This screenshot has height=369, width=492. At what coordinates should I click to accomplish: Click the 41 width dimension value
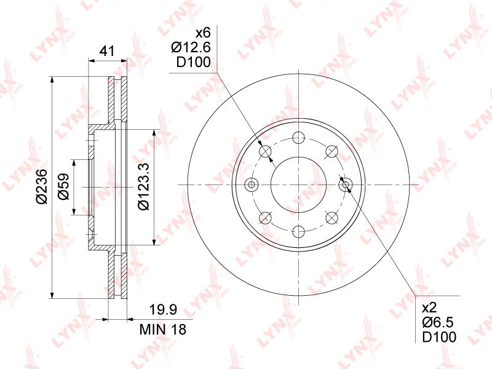coord(107,50)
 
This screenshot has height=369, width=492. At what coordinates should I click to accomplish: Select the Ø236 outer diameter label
coord(42,186)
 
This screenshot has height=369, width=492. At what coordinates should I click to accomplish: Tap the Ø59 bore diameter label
coord(63,186)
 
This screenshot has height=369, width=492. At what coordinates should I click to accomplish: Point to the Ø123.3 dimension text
coord(144,186)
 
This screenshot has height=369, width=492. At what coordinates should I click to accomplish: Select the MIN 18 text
coord(163,330)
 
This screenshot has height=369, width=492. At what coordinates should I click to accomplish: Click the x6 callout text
coord(203,33)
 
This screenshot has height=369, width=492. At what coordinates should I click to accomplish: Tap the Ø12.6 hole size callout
coord(191,47)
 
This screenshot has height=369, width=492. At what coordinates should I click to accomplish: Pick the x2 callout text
coord(429,308)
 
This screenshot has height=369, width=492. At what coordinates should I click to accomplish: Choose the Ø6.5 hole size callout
coord(438,322)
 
